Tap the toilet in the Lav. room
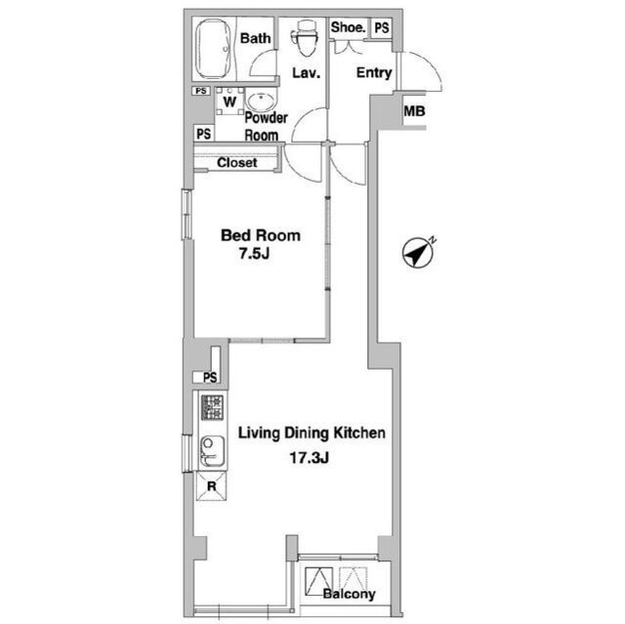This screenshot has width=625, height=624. coord(306,38)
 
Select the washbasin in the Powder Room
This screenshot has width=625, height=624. coord(262,101)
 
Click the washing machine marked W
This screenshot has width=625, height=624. coord(229,102)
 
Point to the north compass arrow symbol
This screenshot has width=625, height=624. coord(418,253)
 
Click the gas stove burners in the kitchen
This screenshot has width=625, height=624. coord(212,407)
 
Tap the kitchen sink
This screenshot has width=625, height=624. coord(213,451)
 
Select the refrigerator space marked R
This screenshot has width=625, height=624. coord(212,486)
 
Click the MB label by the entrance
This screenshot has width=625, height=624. coord(414,111)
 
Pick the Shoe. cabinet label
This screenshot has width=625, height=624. coord(348,27)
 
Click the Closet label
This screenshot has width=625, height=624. coord(237,162)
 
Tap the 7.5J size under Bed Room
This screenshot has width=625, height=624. coord(254,254)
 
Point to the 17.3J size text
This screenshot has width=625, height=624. coord(309,458)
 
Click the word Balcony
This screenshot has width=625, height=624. coord(350,594)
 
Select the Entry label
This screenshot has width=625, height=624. coord(374,73)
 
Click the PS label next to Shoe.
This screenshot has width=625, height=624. coord(382,27)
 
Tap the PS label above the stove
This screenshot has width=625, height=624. coord(210,377)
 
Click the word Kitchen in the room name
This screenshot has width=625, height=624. coord(359,433)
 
